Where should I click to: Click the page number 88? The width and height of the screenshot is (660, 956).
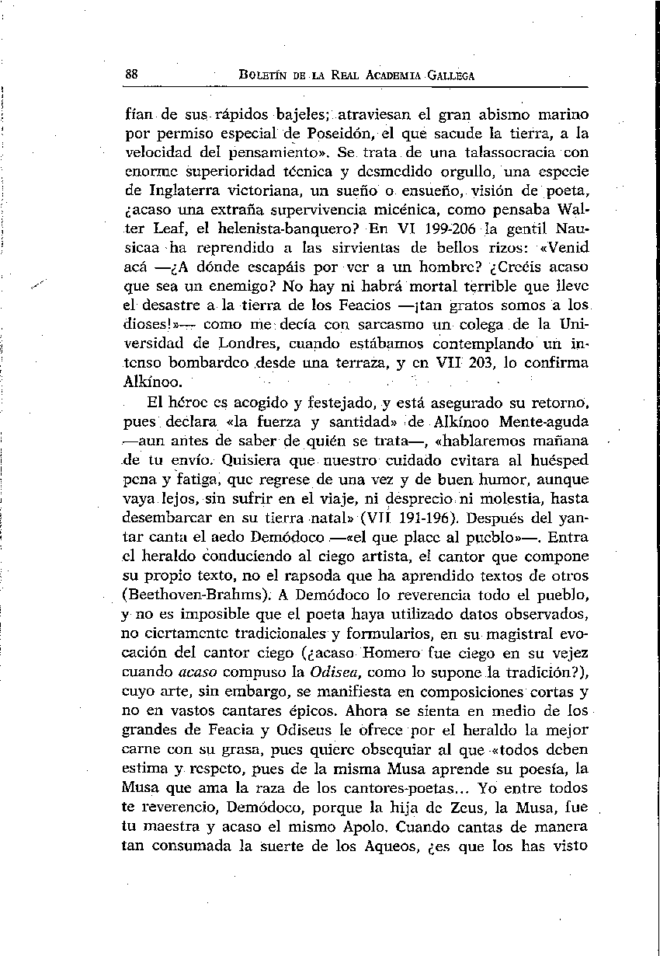(131, 75)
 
